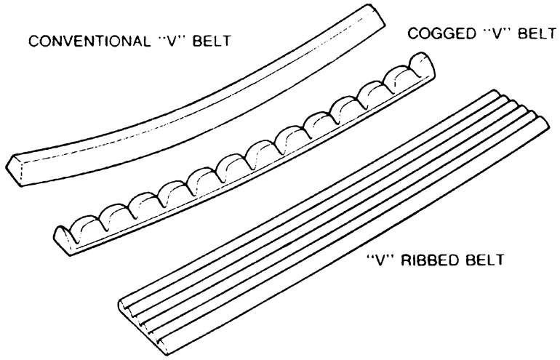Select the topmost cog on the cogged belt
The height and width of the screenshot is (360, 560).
406,76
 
